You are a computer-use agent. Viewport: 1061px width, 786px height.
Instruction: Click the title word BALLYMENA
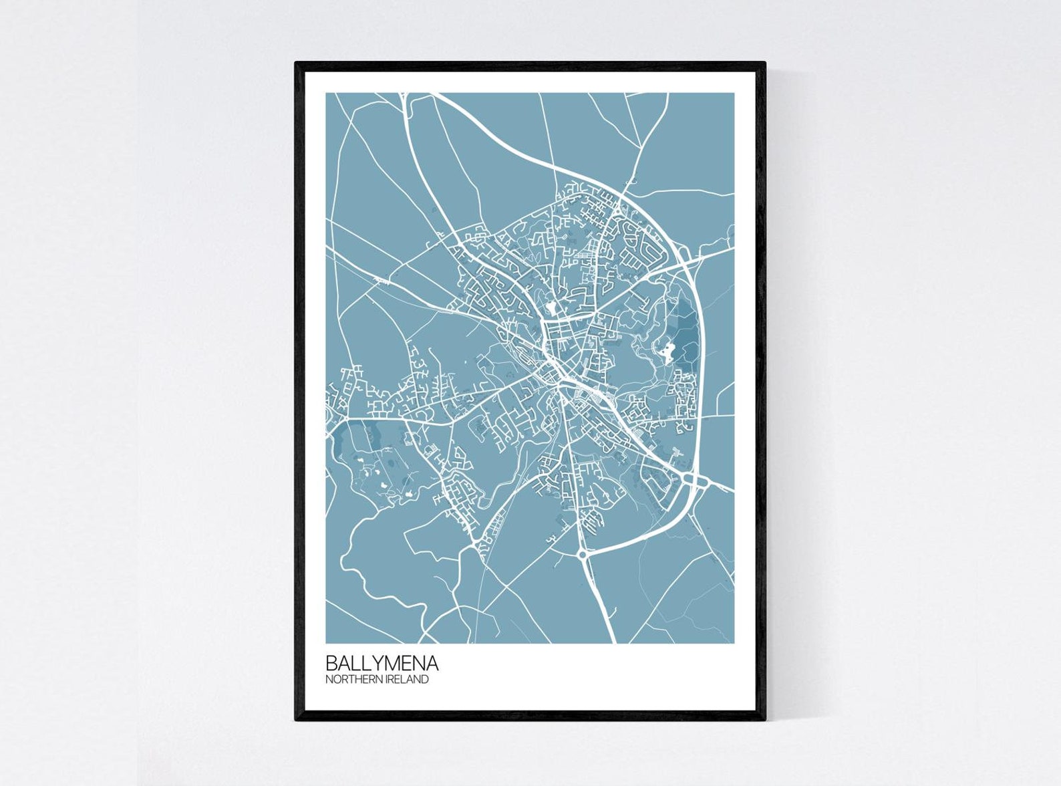[382, 663]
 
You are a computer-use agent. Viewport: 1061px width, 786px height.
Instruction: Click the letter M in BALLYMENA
[393, 663]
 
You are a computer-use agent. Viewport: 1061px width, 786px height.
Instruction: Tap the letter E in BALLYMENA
[407, 663]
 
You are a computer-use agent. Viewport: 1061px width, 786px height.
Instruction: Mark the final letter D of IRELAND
[425, 680]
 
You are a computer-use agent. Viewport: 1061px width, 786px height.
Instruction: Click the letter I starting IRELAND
[384, 680]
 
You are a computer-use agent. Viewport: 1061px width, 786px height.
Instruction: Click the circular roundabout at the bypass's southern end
[581, 553]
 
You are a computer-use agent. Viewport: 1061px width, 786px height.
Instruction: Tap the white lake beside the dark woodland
[667, 350]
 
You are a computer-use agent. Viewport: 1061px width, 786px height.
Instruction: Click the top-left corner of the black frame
[297, 63]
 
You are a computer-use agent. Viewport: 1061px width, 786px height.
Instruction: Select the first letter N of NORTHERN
[329, 680]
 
